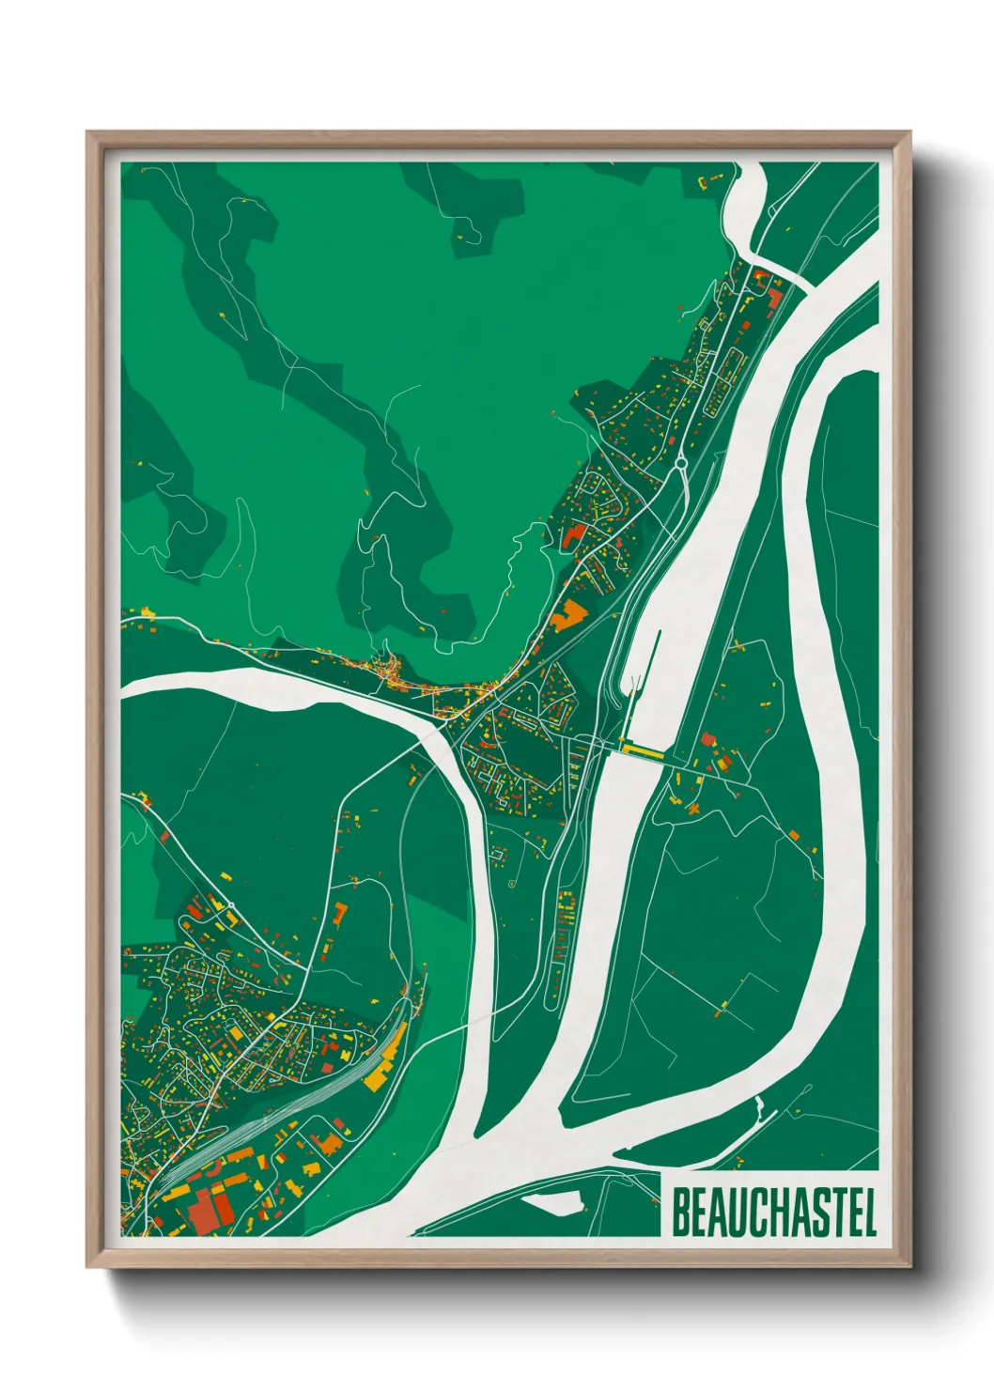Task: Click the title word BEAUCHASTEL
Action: point(774,1212)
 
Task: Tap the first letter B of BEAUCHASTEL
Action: point(680,1212)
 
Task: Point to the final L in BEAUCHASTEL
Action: point(870,1212)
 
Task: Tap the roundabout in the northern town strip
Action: point(678,461)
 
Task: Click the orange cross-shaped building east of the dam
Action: point(693,807)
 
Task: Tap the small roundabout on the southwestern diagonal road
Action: point(163,834)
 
